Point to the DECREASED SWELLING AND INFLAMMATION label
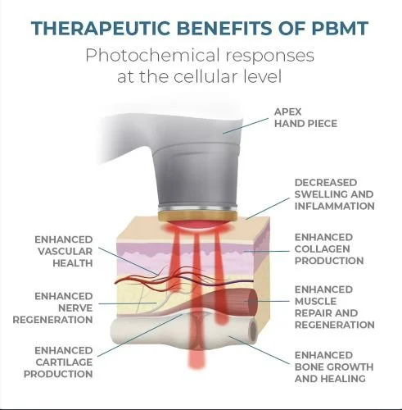click(x=333, y=194)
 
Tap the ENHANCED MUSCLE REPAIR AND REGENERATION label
click(x=333, y=307)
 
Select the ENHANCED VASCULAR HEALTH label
click(x=64, y=251)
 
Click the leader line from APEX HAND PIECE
click(x=251, y=122)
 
